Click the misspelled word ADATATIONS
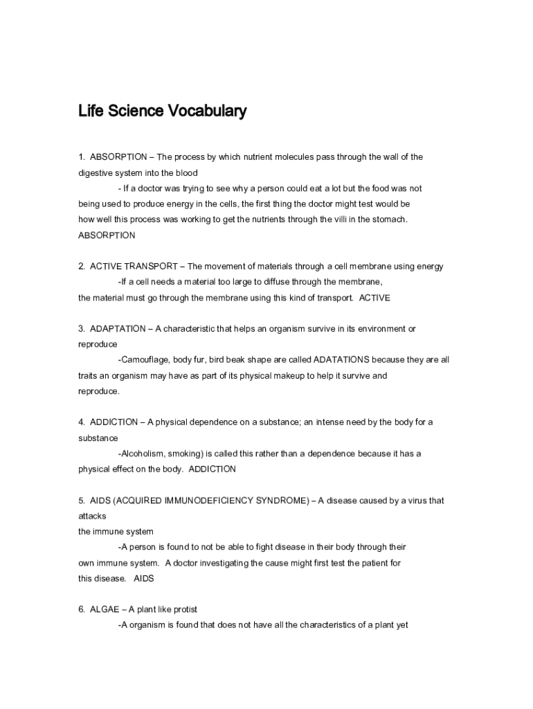click(x=342, y=360)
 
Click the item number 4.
click(x=82, y=422)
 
